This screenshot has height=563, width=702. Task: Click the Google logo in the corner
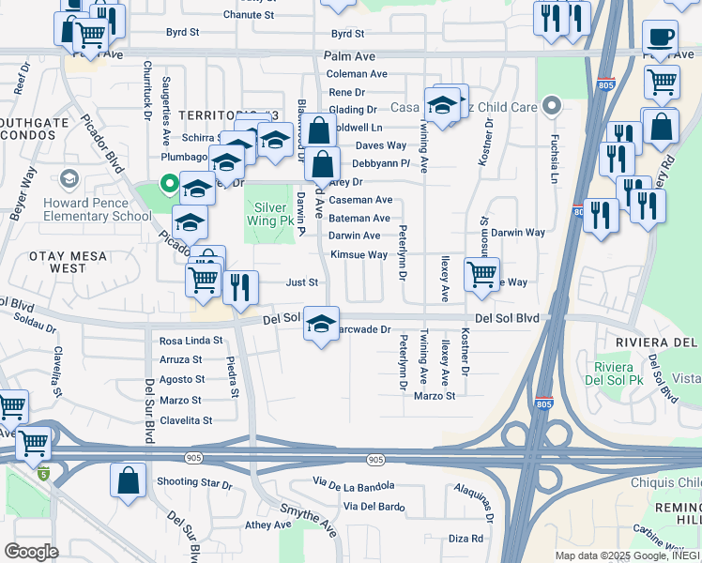pos(31,552)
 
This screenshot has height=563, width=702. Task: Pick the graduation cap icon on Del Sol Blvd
pos(321,325)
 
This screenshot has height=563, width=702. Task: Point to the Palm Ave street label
pos(349,57)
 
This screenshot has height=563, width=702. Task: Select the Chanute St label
pos(248,15)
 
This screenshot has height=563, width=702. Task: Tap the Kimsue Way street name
pos(359,255)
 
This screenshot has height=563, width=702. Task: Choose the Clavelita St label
pos(186,420)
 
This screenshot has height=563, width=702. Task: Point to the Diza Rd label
pos(465,539)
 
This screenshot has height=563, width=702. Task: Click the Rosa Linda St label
pos(191,341)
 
